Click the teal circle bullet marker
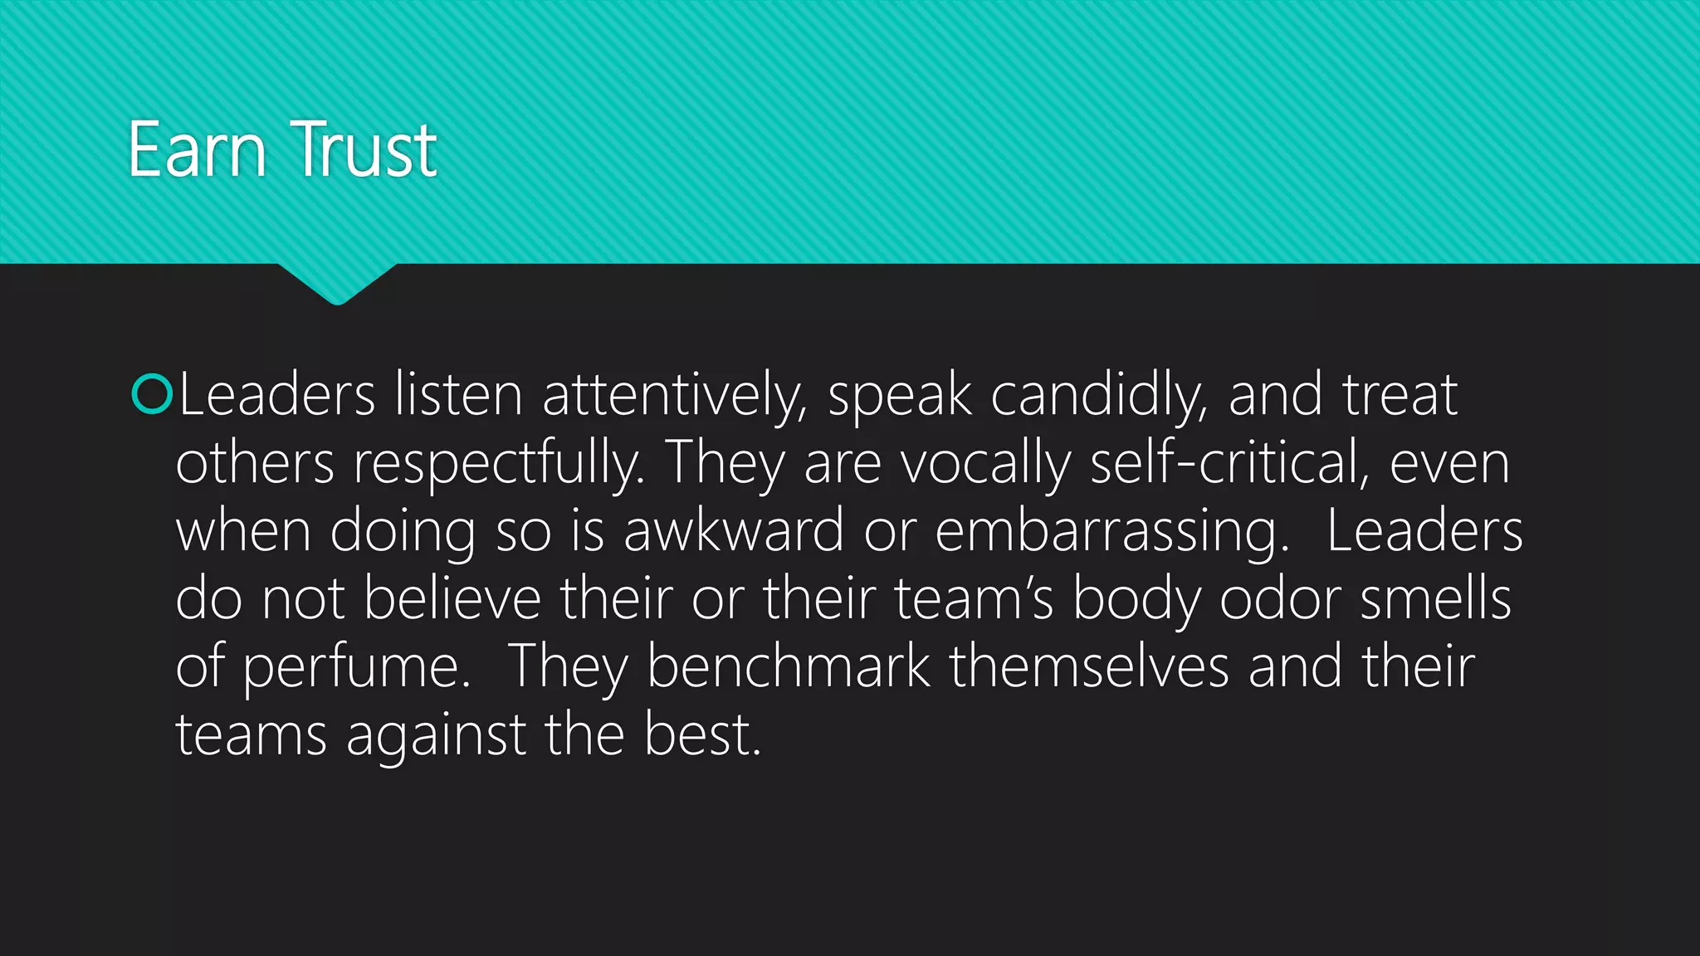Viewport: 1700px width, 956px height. point(152,394)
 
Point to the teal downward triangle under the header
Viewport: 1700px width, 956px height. point(337,281)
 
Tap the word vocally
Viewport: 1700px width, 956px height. point(986,465)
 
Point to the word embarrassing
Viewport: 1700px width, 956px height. point(1112,533)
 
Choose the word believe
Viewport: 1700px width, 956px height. point(452,599)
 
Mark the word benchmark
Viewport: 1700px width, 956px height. point(789,667)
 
